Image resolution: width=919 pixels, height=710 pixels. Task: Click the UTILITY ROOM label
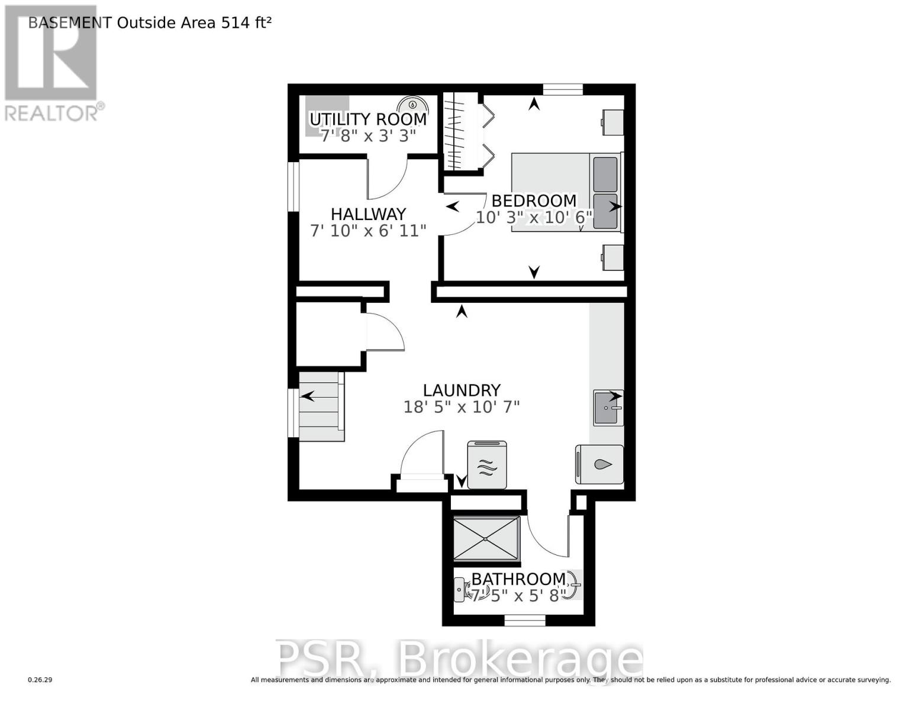pos(368,119)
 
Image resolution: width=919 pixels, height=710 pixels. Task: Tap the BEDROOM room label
pos(534,201)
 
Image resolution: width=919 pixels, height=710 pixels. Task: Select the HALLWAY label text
pos(368,214)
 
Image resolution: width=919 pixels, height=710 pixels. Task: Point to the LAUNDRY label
pos(462,390)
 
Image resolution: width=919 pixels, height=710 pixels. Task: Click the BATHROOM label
pos(518,579)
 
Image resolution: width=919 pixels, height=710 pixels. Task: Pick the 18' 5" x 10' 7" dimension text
pos(462,407)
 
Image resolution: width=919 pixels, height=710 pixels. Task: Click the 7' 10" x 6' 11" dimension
pos(368,231)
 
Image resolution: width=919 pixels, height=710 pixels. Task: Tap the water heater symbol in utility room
pos(412,104)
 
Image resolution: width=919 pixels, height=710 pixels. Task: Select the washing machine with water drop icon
pos(599,464)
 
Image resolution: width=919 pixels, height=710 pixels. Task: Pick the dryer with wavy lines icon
pos(486,465)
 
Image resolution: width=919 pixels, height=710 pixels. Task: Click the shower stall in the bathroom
pos(486,538)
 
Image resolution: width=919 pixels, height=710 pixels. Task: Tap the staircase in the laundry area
pos(321,406)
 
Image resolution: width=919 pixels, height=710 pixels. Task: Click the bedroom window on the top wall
pos(563,89)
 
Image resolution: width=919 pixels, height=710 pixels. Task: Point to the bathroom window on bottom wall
pos(524,621)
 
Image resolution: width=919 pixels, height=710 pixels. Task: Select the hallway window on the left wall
pos(293,186)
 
